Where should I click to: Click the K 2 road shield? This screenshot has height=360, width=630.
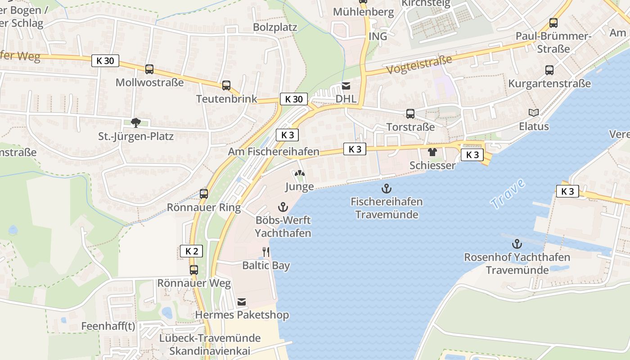(x=192, y=251)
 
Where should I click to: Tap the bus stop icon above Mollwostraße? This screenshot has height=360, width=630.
(x=149, y=69)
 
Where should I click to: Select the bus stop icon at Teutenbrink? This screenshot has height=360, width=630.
(x=226, y=85)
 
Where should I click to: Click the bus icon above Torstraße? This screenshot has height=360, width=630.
(x=410, y=114)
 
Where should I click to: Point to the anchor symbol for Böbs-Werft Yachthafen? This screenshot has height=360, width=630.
(x=283, y=207)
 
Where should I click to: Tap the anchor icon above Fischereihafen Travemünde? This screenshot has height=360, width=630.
(x=387, y=188)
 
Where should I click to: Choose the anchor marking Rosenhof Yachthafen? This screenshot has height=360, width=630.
(x=517, y=244)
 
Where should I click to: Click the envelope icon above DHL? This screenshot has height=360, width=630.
(x=346, y=85)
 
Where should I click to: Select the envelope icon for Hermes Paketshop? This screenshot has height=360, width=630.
(x=242, y=301)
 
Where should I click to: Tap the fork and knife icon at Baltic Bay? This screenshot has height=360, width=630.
(x=266, y=252)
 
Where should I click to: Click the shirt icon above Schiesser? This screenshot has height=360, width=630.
(x=432, y=152)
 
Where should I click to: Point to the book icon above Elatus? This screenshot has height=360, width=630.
(x=534, y=112)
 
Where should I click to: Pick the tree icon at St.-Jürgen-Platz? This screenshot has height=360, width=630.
(x=135, y=122)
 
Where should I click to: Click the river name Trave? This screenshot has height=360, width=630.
(x=508, y=193)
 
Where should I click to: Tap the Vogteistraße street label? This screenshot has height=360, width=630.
(x=419, y=65)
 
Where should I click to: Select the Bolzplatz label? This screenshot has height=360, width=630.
(x=275, y=27)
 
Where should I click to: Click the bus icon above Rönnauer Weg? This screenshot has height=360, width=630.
(x=194, y=270)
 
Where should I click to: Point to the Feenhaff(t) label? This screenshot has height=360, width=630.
(x=108, y=326)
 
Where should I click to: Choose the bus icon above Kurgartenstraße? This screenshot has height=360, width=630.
(x=549, y=70)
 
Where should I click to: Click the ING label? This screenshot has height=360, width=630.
(x=378, y=36)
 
